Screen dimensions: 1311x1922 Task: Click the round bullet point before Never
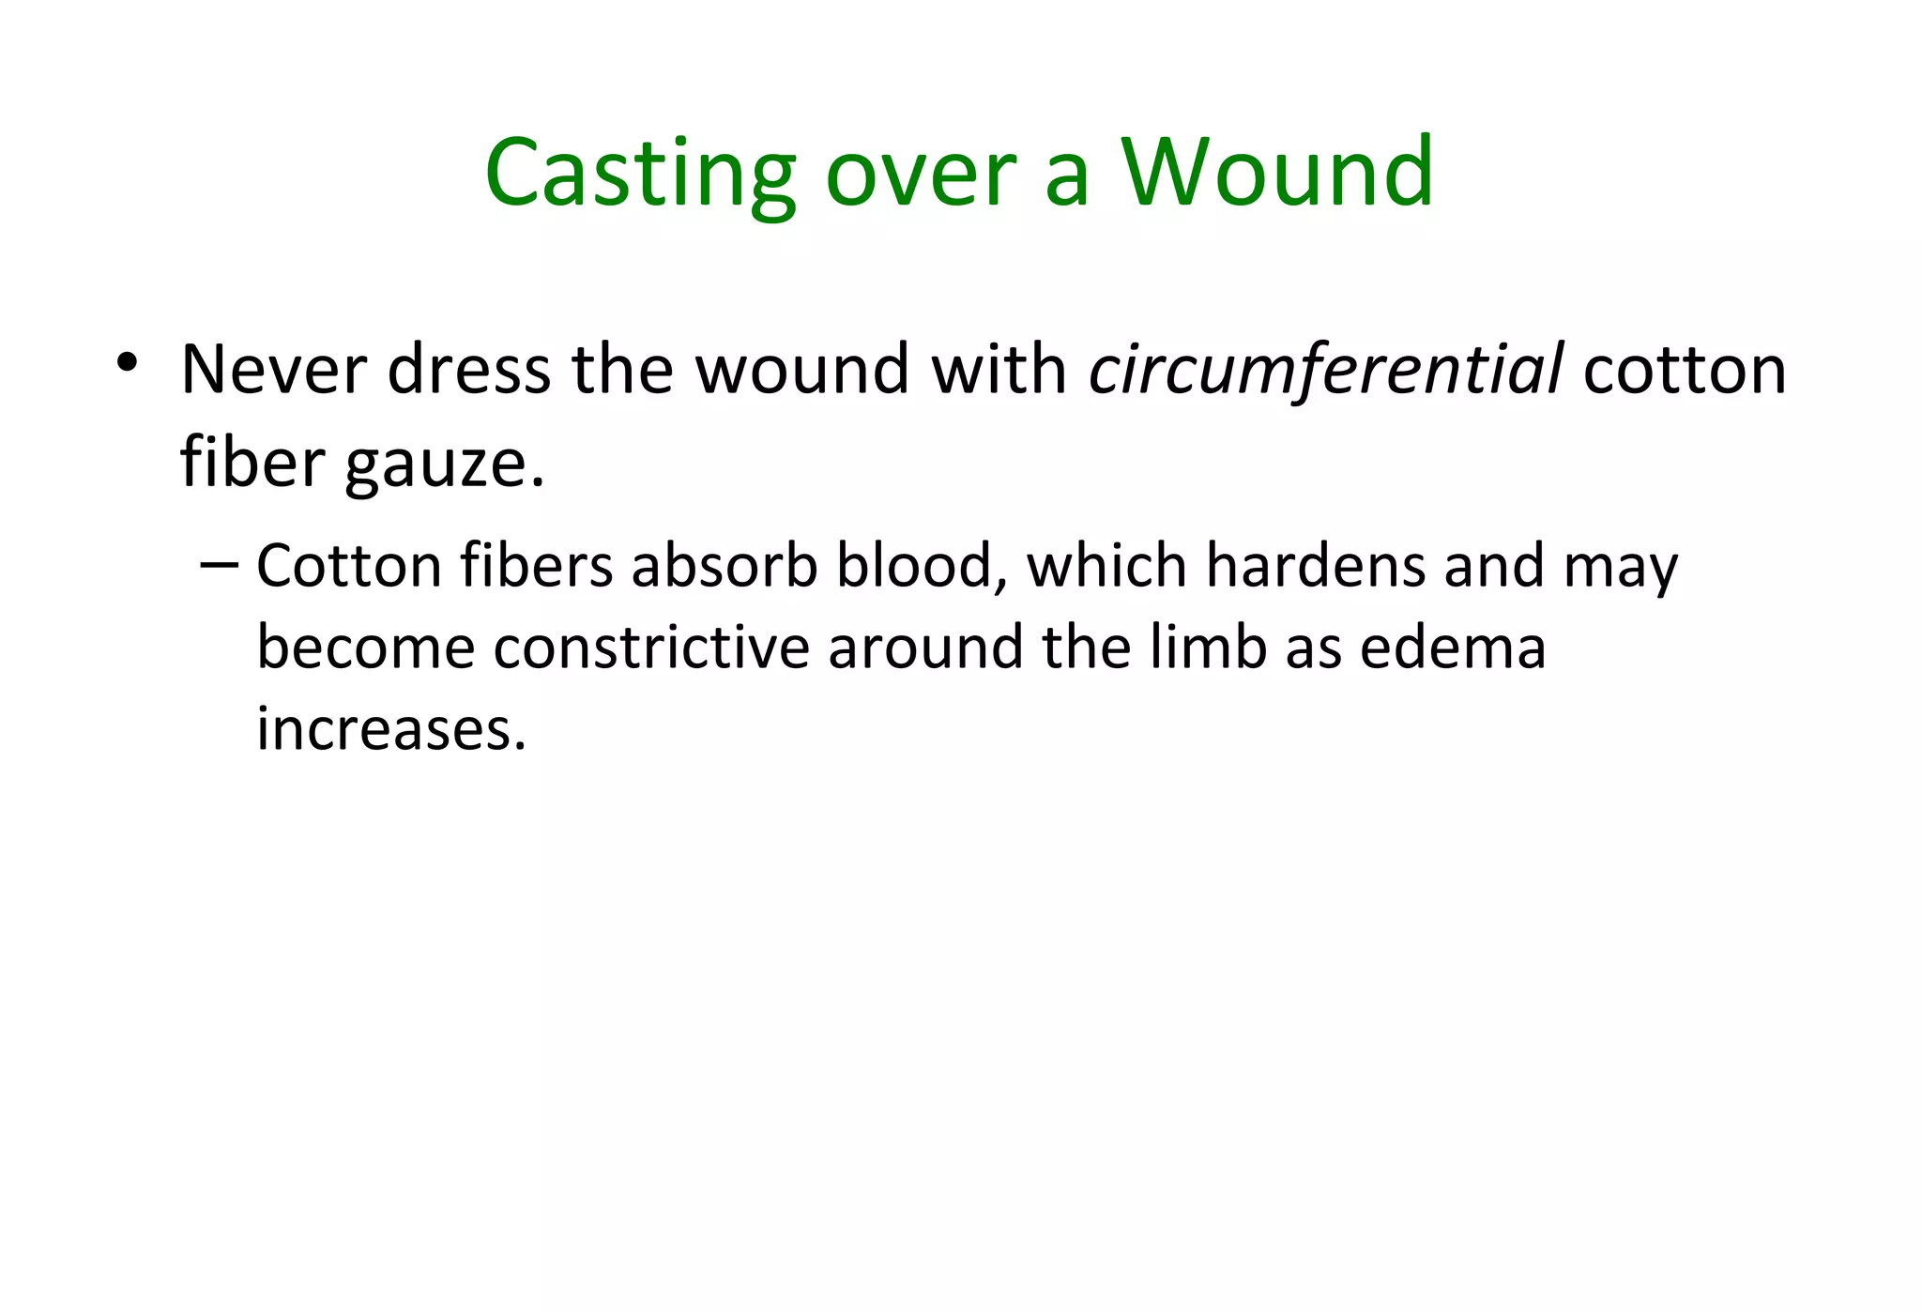[128, 362]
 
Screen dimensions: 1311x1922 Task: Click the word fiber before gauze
[252, 462]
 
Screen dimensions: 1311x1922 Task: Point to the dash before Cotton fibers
[220, 565]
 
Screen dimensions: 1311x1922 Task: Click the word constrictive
[651, 648]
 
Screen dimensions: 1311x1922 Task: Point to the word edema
[1452, 648]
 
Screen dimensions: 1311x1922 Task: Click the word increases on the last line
[390, 729]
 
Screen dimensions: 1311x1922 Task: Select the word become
[365, 648]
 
